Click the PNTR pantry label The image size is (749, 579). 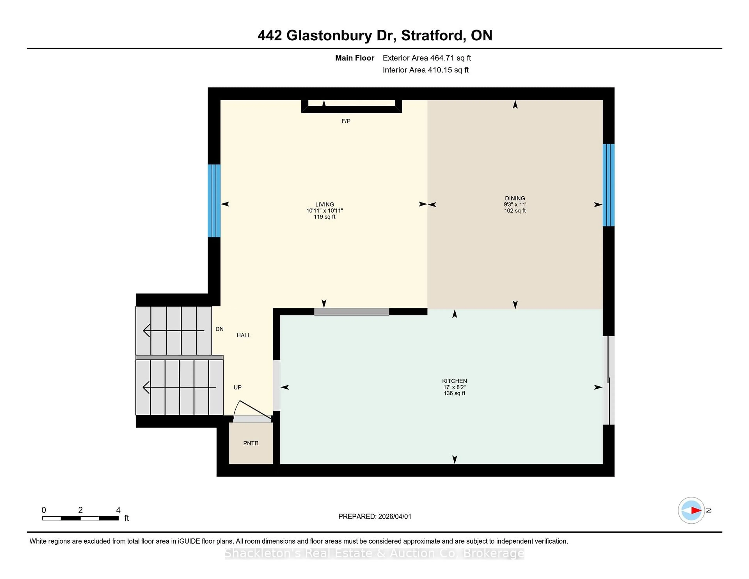click(251, 443)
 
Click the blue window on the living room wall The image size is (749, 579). click(214, 201)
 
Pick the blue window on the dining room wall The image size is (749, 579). click(608, 185)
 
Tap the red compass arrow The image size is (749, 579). click(696, 510)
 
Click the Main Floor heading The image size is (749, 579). click(355, 58)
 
